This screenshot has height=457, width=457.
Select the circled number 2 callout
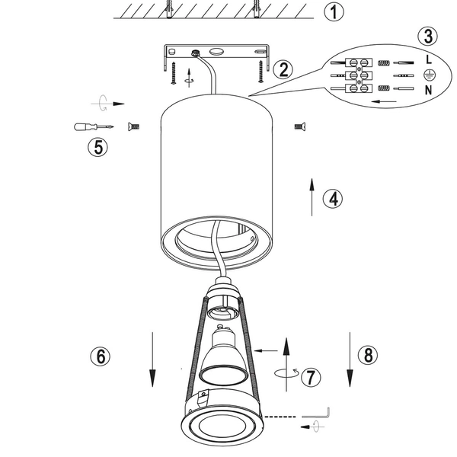(x=283, y=70)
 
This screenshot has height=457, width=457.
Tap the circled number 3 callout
(x=429, y=36)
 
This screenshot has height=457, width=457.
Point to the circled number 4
(x=332, y=198)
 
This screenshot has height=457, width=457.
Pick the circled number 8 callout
(x=366, y=354)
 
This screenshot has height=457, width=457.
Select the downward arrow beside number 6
(x=152, y=358)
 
